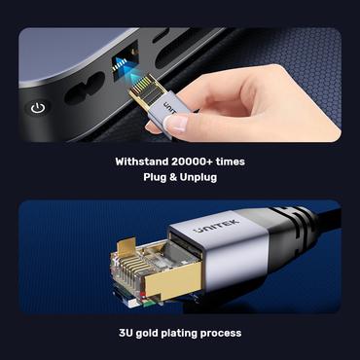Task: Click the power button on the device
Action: tap(36, 107)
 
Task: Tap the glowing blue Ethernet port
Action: tap(124, 66)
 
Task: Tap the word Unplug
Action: tap(200, 179)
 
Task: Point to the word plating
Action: tap(192, 333)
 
